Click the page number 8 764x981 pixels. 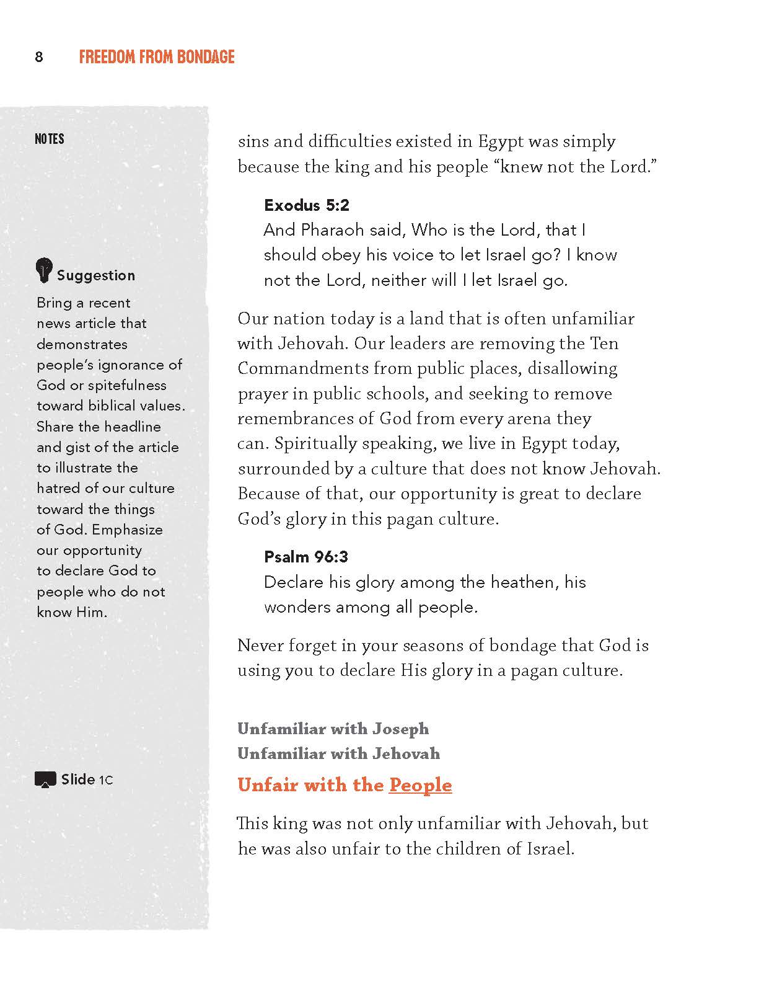(x=38, y=58)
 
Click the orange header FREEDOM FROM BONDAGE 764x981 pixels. (x=157, y=58)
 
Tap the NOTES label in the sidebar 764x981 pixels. (x=50, y=139)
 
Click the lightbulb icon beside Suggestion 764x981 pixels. (x=43, y=270)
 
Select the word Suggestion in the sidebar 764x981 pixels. (x=96, y=276)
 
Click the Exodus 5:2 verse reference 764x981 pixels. (x=307, y=205)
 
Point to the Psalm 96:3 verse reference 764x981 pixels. (x=306, y=557)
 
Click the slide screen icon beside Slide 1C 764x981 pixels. (x=45, y=780)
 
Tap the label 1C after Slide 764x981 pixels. (x=106, y=780)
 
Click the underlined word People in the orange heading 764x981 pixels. (x=420, y=785)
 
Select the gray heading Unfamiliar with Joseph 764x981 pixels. (x=333, y=729)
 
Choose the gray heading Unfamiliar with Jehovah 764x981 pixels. (x=338, y=753)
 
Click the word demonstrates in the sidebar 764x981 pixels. (x=82, y=344)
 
